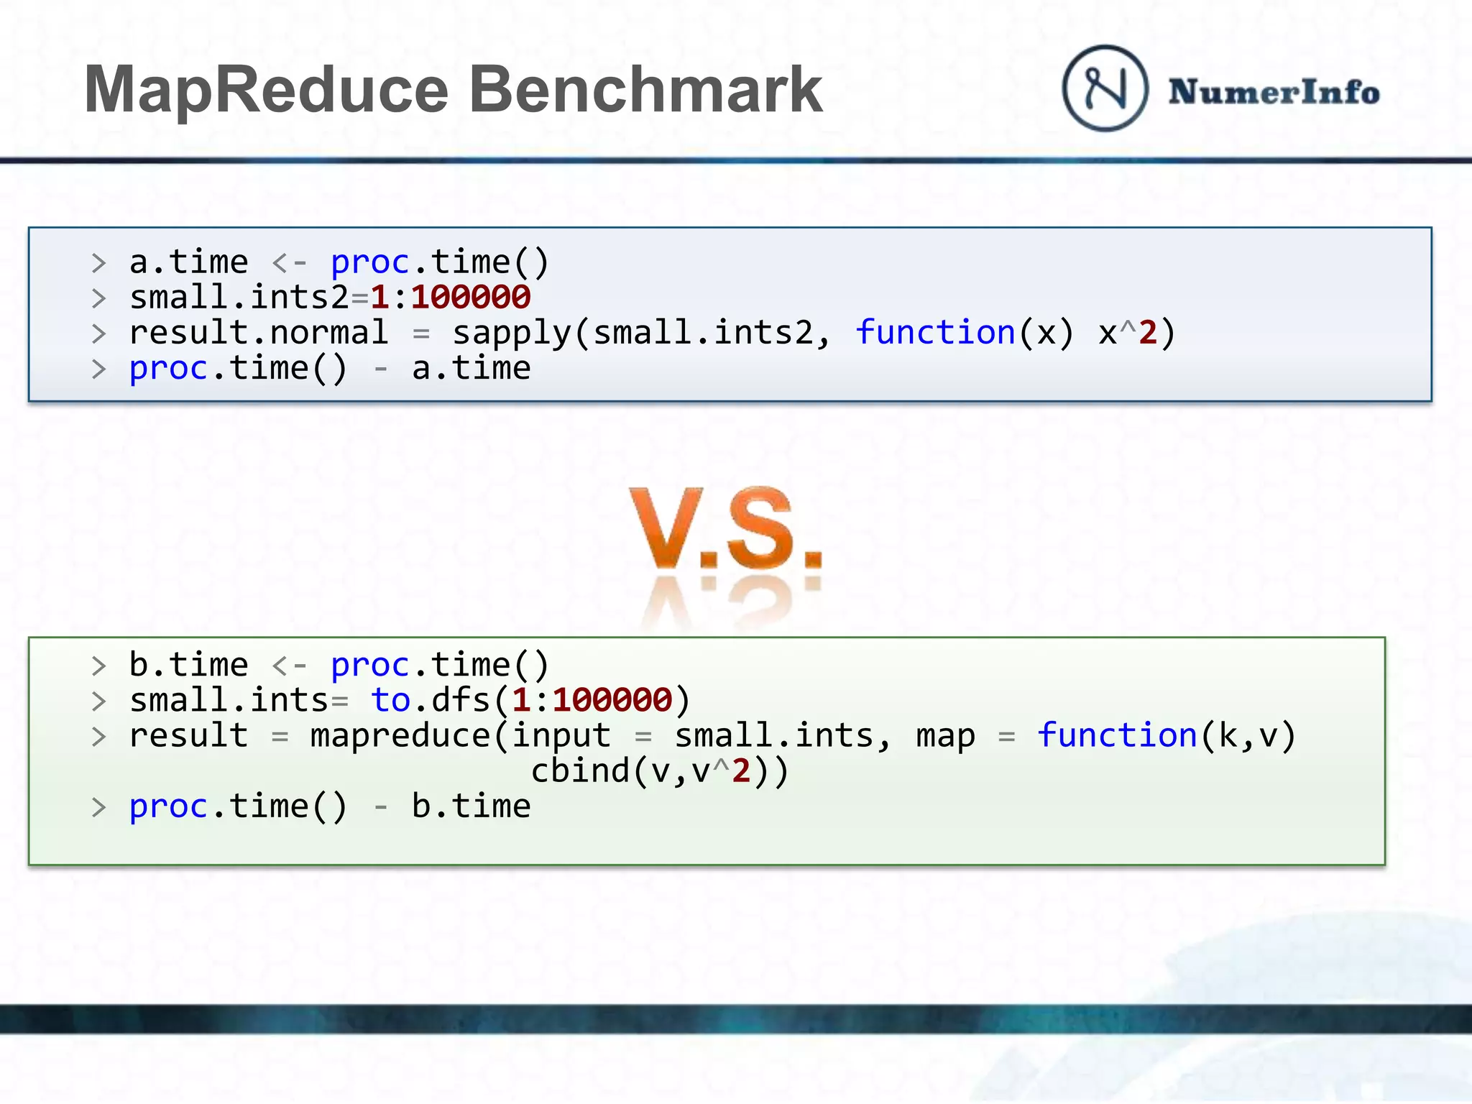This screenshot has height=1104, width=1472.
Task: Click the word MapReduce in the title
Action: coord(266,90)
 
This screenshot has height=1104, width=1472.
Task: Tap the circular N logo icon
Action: coord(1105,88)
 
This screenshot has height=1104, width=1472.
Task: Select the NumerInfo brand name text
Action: coord(1274,92)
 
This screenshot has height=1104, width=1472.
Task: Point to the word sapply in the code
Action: coord(511,333)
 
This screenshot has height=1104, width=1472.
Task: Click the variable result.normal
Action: coord(258,333)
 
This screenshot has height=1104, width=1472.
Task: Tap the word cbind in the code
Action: coord(580,771)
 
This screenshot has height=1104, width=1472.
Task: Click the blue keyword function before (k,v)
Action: coord(1116,735)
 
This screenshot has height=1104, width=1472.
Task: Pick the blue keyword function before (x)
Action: coord(935,333)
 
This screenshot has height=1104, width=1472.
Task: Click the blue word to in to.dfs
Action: coord(390,700)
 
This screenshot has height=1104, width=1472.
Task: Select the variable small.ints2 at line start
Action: coord(238,298)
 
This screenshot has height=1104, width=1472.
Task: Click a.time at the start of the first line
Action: coord(188,262)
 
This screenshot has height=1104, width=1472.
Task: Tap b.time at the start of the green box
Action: coord(188,665)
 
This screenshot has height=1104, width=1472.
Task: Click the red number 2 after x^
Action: coord(1148,333)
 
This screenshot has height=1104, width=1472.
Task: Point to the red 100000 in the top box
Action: coord(471,298)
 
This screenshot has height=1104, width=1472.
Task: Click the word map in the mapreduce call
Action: coord(945,736)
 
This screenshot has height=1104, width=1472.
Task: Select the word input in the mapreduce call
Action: coord(561,736)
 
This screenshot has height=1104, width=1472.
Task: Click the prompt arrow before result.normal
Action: coord(98,333)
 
